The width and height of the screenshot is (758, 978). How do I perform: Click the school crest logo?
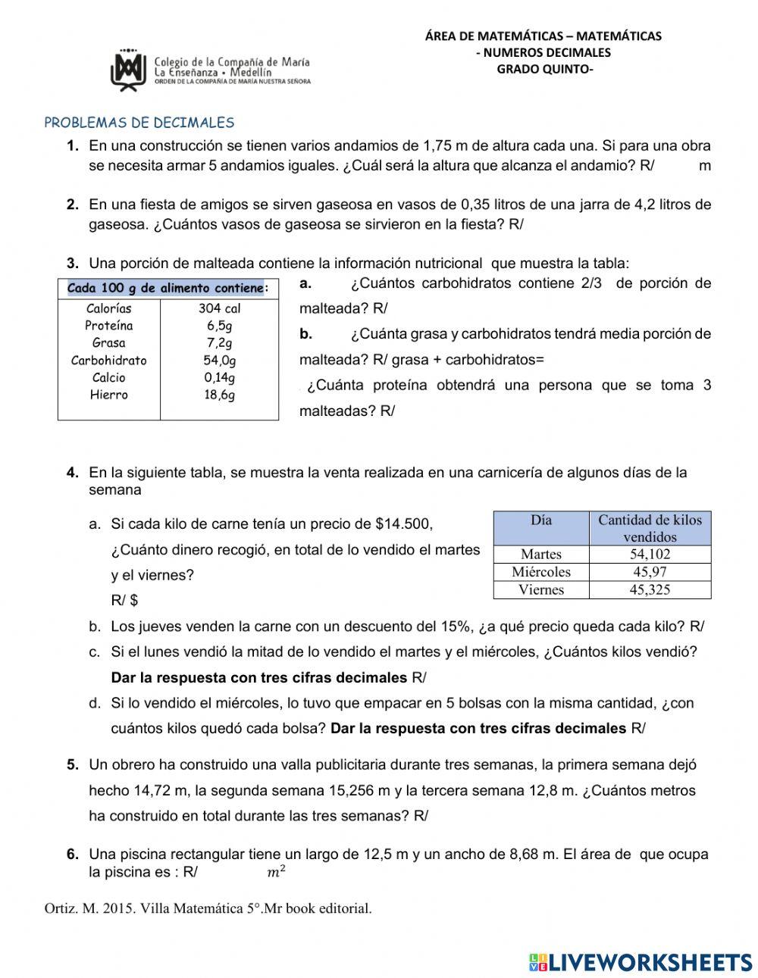[x=128, y=70]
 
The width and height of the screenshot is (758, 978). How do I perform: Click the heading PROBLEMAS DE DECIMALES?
[x=139, y=123]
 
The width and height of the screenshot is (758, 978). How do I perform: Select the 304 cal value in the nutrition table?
[x=219, y=308]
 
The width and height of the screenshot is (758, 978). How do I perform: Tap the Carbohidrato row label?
[x=109, y=361]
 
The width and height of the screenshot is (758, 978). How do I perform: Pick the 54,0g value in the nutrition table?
[x=219, y=361]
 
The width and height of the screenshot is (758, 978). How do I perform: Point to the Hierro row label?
[x=109, y=395]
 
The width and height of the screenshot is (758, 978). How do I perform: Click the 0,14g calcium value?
[x=219, y=377]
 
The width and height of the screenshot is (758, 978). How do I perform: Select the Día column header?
[x=541, y=520]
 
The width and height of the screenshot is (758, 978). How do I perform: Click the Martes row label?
[x=541, y=555]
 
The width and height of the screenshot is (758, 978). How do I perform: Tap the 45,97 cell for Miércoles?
[x=650, y=572]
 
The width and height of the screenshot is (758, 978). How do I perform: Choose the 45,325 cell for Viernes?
[x=650, y=589]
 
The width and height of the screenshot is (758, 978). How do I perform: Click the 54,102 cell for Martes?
[x=650, y=555]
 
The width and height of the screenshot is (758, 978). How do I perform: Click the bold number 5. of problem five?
[x=73, y=765]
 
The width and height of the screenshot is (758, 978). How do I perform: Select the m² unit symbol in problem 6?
[x=277, y=872]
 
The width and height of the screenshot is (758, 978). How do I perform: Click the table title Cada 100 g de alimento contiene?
[x=166, y=288]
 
